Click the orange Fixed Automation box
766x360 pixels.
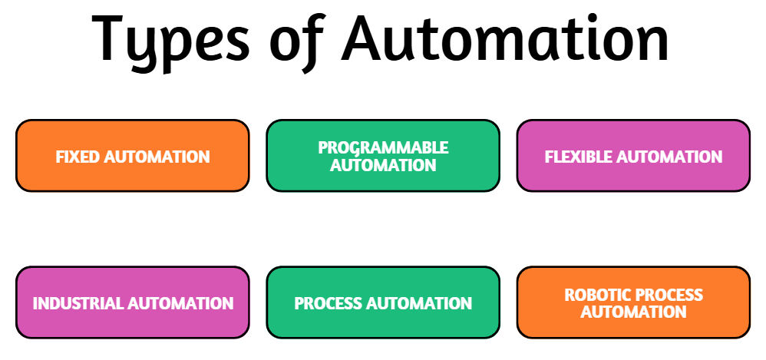[132, 156]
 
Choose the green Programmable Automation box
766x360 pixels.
[383, 156]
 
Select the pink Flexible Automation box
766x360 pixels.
[633, 156]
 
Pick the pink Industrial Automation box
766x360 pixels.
[132, 302]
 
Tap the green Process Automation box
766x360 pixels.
[383, 302]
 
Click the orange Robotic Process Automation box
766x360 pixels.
[633, 302]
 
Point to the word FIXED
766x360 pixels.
[78, 157]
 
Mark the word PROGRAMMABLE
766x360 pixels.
[383, 147]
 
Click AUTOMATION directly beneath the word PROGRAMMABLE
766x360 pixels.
[383, 165]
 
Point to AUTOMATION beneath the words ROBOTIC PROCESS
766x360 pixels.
[633, 312]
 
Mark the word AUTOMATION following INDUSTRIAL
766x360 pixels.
[180, 303]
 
